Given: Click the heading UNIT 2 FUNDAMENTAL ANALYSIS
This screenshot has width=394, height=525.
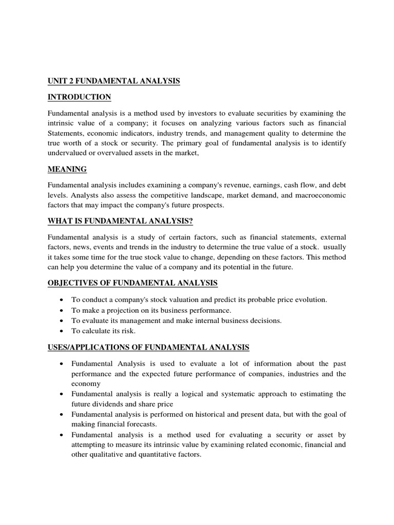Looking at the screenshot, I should (x=114, y=81).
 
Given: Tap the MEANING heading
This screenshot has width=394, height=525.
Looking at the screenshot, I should (x=67, y=169).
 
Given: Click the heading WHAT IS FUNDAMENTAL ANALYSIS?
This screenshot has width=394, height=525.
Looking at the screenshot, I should (x=120, y=221).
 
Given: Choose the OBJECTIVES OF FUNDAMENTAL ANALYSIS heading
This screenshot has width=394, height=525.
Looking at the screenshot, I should (x=132, y=283).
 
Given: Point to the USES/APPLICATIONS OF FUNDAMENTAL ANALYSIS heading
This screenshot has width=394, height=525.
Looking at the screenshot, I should (x=148, y=348).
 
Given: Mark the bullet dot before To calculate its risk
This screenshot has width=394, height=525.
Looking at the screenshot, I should (x=62, y=331).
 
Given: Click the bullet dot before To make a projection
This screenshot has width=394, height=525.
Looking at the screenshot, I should (x=62, y=310).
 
